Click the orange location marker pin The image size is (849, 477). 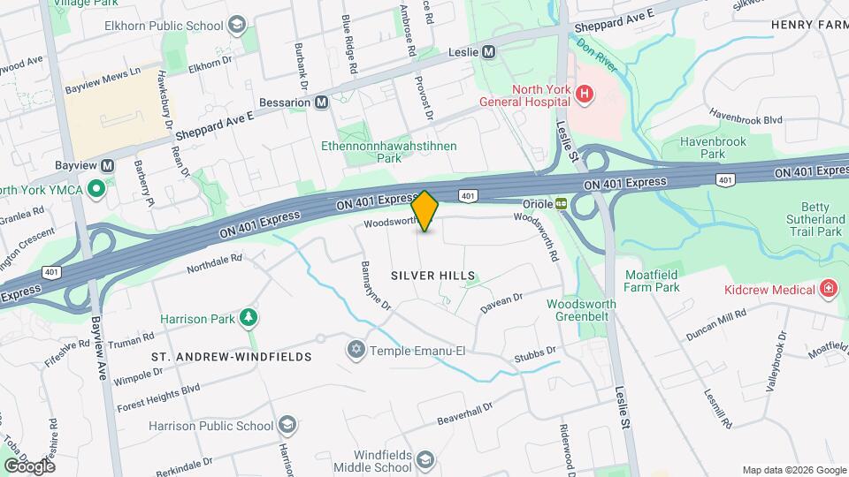click(x=425, y=211)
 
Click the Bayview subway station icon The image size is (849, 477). click(x=108, y=165)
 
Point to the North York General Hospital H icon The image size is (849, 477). click(x=584, y=93)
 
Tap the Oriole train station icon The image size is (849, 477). click(x=562, y=202)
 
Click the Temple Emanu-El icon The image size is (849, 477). click(x=356, y=351)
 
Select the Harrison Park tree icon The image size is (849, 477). click(x=250, y=317)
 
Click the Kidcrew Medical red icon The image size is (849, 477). click(x=828, y=290)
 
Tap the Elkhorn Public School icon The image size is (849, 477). click(x=235, y=26)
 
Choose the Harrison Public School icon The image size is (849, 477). click(x=287, y=426)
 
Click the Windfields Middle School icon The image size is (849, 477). click(x=425, y=459)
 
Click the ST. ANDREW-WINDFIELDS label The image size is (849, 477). click(x=232, y=357)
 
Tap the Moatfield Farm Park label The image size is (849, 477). click(x=651, y=281)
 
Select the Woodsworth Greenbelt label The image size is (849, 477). click(x=581, y=310)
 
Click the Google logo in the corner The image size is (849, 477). click(x=29, y=466)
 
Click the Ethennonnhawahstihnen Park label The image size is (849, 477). click(x=389, y=151)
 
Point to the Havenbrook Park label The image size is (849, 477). click(x=713, y=148)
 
